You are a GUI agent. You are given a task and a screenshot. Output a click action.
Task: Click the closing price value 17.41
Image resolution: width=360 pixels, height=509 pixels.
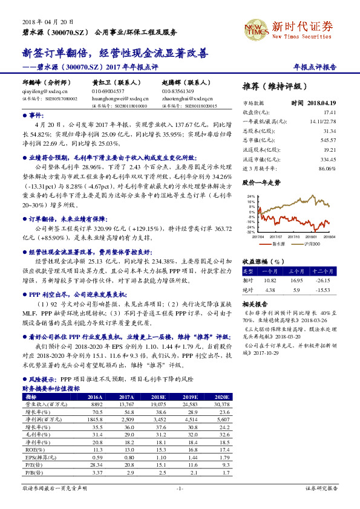click(x=329, y=112)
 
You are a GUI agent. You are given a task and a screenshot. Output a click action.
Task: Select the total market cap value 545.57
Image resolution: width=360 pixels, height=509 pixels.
click(x=328, y=140)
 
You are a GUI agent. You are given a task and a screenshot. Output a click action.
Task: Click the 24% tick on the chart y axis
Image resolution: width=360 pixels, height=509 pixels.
click(x=250, y=196)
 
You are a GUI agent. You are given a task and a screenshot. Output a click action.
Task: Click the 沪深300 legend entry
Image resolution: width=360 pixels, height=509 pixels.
click(x=312, y=243)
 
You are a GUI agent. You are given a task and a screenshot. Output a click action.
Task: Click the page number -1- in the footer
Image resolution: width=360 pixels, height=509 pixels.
click(x=179, y=488)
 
